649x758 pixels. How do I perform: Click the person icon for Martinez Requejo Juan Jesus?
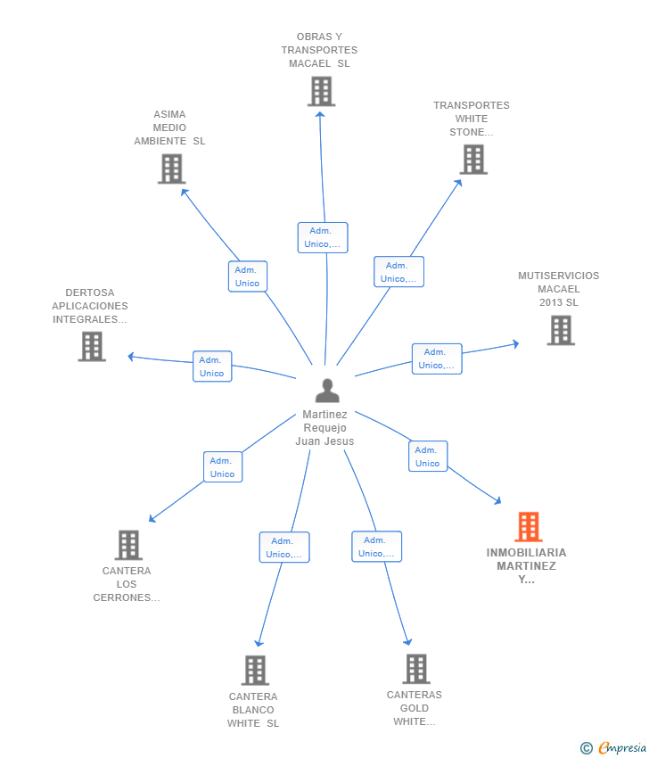click(327, 391)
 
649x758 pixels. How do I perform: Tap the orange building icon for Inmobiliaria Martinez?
click(528, 526)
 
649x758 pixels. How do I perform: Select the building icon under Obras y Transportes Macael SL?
click(321, 91)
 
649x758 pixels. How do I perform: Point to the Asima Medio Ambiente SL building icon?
click(171, 169)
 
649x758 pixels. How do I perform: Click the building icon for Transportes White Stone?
click(473, 160)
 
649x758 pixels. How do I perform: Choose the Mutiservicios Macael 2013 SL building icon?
click(561, 330)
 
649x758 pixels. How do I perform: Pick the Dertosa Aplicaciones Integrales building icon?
click(92, 346)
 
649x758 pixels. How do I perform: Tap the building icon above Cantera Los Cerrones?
click(128, 545)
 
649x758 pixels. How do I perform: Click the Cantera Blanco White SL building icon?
click(255, 670)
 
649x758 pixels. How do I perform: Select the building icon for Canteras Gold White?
click(416, 669)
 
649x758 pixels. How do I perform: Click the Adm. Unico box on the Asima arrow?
click(248, 276)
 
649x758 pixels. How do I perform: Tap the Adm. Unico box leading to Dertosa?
click(212, 367)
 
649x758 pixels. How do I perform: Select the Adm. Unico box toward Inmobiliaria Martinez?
click(428, 457)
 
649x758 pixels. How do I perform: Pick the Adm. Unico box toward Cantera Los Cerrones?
click(223, 467)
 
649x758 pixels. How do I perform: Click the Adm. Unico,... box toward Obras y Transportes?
click(323, 237)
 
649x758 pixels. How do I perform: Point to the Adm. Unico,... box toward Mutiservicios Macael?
click(437, 358)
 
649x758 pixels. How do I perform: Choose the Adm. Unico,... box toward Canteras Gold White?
click(376, 547)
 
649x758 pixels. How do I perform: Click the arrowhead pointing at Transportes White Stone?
click(458, 183)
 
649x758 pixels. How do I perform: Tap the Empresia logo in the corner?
click(613, 748)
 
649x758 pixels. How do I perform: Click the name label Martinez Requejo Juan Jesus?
click(324, 428)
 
